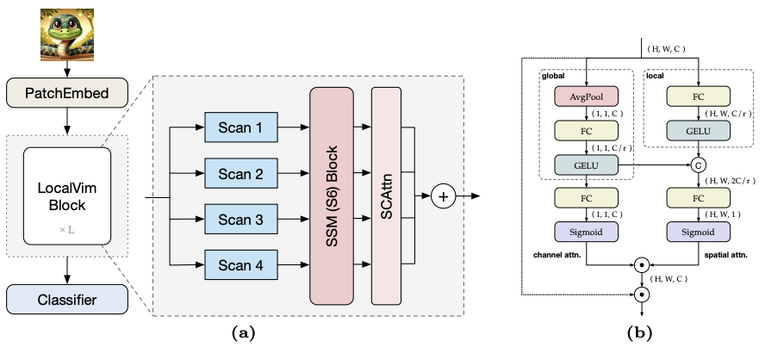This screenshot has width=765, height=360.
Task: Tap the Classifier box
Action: pos(67,300)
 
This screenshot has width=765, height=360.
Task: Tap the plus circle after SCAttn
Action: pos(444,196)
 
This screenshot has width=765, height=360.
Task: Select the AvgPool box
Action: pos(586,97)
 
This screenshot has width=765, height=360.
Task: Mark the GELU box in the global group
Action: pos(586,164)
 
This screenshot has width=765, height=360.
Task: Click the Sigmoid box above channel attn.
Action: pos(586,232)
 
